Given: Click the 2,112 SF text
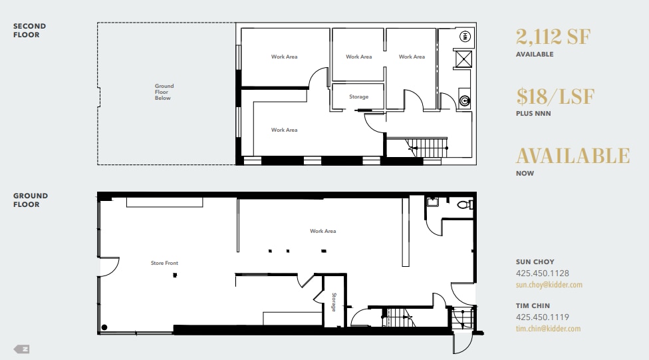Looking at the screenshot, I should tap(553, 37).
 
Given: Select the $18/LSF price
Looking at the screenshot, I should tap(555, 96).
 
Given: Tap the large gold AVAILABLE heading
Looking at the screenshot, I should tap(573, 156).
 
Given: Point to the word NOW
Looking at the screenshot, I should tap(525, 174).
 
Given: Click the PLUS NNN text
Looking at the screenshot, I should tap(533, 114).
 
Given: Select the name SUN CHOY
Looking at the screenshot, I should tap(535, 262).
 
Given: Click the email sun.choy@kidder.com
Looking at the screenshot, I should tap(549, 285).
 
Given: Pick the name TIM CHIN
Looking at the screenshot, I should tap(533, 306).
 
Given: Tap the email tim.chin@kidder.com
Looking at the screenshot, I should tap(548, 329).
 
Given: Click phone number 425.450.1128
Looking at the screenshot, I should tap(542, 273).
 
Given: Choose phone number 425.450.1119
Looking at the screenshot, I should tap(542, 317).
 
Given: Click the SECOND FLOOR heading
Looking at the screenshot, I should tap(30, 31).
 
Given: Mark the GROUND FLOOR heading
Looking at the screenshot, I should tap(31, 200).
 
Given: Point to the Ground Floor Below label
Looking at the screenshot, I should tap(164, 92).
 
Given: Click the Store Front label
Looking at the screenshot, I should tap(164, 264).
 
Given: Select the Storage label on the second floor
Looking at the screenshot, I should tap(358, 97).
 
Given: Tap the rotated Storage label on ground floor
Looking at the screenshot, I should tap(334, 301).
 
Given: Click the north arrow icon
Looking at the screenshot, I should tap(22, 349).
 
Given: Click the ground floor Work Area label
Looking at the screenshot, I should tap(323, 232).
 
